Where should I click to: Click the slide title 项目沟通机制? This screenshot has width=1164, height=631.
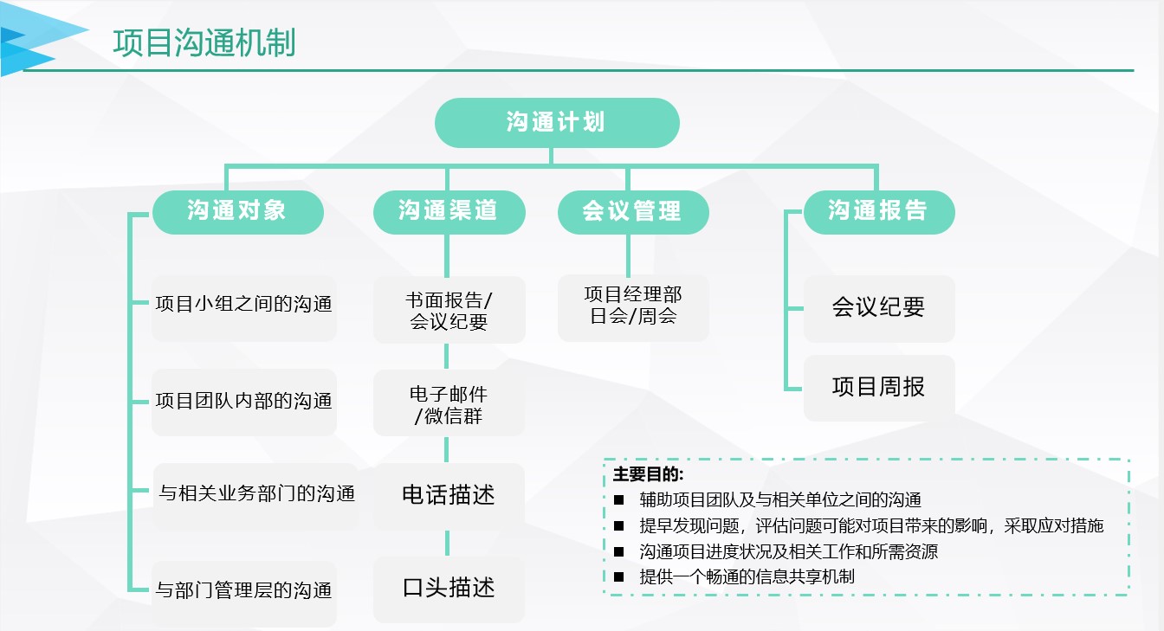pyautogui.click(x=204, y=42)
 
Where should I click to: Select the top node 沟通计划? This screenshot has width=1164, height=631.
pyautogui.click(x=557, y=123)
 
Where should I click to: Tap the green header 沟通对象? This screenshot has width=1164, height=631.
pyautogui.click(x=238, y=212)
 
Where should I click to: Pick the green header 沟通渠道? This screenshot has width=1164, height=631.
pyautogui.click(x=449, y=212)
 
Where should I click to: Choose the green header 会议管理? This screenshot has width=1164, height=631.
pyautogui.click(x=633, y=212)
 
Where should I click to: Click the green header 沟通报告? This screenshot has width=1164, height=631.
pyautogui.click(x=879, y=212)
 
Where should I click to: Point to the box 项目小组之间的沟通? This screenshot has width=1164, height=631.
pyautogui.click(x=243, y=308)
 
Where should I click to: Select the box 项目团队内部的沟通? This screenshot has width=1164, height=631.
pyautogui.click(x=243, y=402)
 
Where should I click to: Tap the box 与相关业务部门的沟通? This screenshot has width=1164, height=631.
pyautogui.click(x=255, y=496)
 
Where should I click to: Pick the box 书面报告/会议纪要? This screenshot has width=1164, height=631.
pyautogui.click(x=449, y=310)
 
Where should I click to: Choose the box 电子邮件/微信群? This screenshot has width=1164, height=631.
pyautogui.click(x=449, y=403)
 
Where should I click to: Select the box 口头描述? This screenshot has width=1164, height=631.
pyautogui.click(x=449, y=589)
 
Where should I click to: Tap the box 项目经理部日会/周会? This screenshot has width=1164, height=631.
pyautogui.click(x=633, y=308)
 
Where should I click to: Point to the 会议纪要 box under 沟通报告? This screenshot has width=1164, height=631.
pyautogui.click(x=879, y=308)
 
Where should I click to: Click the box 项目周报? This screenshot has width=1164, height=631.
pyautogui.click(x=879, y=388)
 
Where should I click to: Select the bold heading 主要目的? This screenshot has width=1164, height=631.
pyautogui.click(x=648, y=474)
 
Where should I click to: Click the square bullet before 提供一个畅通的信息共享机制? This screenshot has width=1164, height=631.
pyautogui.click(x=619, y=577)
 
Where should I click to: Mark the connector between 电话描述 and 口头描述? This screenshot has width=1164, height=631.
pyautogui.click(x=447, y=544)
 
